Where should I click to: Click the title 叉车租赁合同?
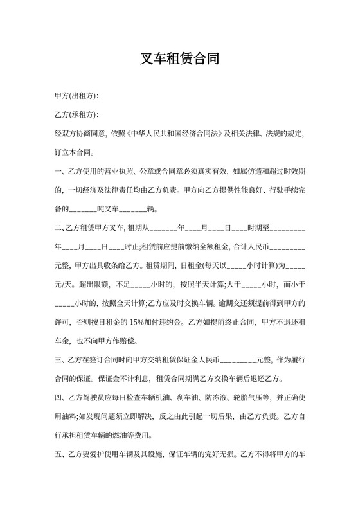click(180, 60)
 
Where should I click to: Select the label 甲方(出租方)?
click(76, 96)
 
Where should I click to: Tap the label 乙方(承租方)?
click(76, 114)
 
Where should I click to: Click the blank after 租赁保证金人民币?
click(239, 359)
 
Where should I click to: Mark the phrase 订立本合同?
click(75, 153)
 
